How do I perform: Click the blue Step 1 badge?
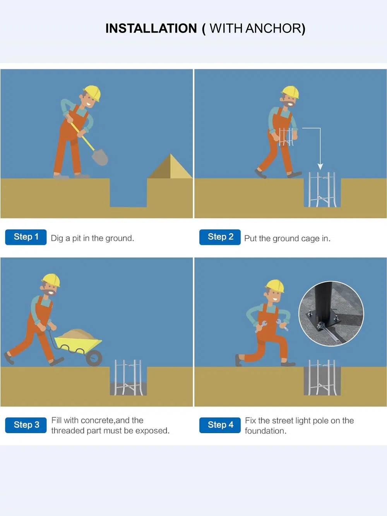tap(26, 237)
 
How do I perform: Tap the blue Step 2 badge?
tap(220, 237)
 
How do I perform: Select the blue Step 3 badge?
tap(26, 425)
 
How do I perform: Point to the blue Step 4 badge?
tap(220, 425)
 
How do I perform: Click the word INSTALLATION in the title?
tap(151, 28)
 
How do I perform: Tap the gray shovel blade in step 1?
tap(100, 157)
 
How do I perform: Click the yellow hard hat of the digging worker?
tap(92, 93)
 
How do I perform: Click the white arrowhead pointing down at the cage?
tap(320, 167)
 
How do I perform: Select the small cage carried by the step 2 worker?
tap(286, 137)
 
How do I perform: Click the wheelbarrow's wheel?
tap(94, 358)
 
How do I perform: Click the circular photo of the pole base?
tap(331, 314)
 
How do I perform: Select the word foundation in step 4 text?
tap(265, 431)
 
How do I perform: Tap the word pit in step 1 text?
tap(77, 238)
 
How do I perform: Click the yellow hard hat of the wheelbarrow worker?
tap(51, 280)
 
